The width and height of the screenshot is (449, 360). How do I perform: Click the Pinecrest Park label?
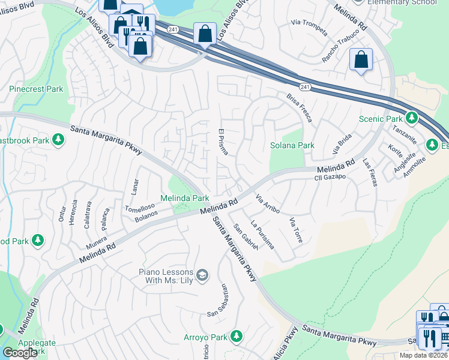pos(36,89)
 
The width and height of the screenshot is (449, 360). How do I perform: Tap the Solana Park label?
pos(292,146)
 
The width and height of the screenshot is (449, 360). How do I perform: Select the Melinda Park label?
pos(184,198)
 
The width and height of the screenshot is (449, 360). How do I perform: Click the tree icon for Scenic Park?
pos(411,117)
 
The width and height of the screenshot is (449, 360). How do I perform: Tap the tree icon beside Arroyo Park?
pos(237,335)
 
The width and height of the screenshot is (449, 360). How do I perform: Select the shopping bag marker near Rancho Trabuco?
pos(361,59)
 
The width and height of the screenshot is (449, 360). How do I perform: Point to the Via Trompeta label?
pos(309,26)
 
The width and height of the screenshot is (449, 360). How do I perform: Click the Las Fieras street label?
pos(369,173)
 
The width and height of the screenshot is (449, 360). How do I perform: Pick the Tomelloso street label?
pos(140,206)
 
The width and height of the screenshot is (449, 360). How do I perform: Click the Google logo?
pos(20,353)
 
